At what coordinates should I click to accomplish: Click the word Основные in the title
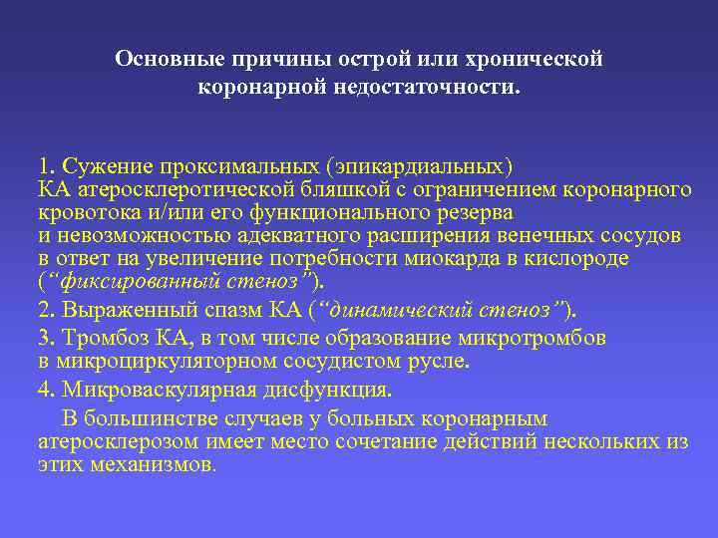pyautogui.click(x=163, y=59)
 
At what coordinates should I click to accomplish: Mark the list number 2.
pyautogui.click(x=45, y=308)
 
